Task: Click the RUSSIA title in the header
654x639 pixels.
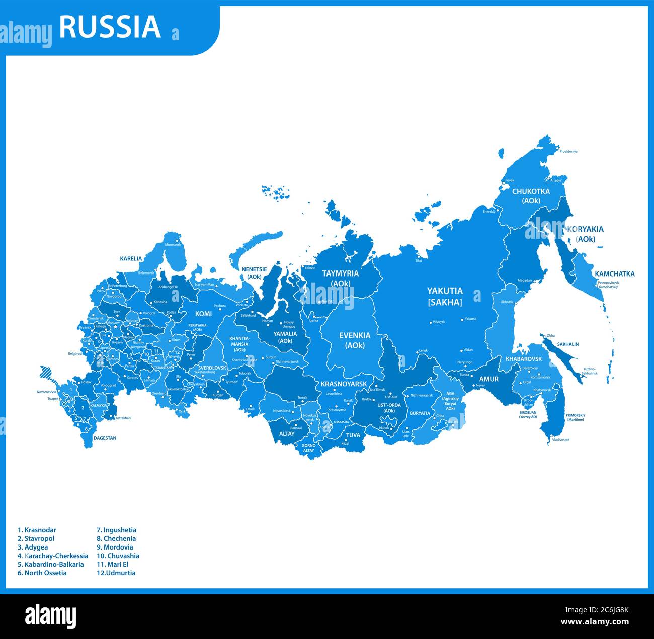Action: (x=110, y=27)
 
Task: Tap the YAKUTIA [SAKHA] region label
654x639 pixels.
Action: (x=445, y=296)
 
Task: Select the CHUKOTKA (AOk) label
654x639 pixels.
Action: (x=531, y=196)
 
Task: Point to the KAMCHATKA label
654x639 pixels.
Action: (x=614, y=274)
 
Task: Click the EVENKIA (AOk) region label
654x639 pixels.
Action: (x=355, y=340)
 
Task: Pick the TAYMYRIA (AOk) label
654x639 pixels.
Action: (x=341, y=278)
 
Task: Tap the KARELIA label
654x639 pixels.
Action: (x=131, y=259)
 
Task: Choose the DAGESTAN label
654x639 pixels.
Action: (x=105, y=438)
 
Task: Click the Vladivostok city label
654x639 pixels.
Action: (x=560, y=440)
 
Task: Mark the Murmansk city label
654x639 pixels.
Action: (x=173, y=244)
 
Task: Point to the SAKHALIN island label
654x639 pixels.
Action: (x=567, y=344)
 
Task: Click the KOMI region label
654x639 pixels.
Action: (x=203, y=314)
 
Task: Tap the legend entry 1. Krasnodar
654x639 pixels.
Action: (x=37, y=530)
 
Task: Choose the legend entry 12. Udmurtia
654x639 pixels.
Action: (x=116, y=573)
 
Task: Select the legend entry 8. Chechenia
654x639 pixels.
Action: (x=116, y=538)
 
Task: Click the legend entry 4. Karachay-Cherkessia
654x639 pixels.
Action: (x=53, y=556)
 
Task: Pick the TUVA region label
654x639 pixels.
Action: (x=353, y=435)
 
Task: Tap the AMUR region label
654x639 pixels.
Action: (x=488, y=379)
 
